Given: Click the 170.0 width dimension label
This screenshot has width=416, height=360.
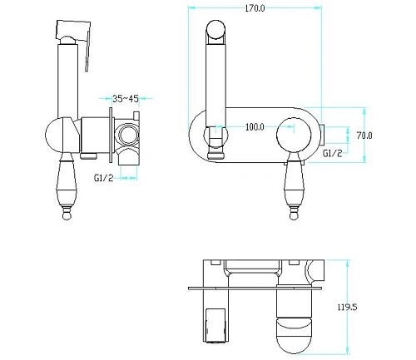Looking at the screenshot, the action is click(x=255, y=8).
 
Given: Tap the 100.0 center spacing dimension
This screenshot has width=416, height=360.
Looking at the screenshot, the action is click(x=255, y=127).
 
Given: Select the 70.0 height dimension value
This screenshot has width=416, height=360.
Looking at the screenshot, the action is click(x=364, y=136).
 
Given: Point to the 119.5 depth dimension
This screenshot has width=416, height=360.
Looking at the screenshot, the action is click(x=347, y=307).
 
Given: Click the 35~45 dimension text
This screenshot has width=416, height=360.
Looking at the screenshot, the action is click(x=126, y=98).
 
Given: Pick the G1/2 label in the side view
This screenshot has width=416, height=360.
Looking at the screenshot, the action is click(x=104, y=178).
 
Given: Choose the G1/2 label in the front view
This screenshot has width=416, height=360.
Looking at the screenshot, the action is click(x=333, y=153).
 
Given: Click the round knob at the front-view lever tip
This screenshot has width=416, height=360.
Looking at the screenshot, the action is click(x=294, y=215).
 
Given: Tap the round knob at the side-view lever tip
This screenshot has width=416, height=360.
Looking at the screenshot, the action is click(x=67, y=215).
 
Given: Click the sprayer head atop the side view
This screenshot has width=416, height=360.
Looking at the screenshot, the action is click(x=73, y=31).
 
